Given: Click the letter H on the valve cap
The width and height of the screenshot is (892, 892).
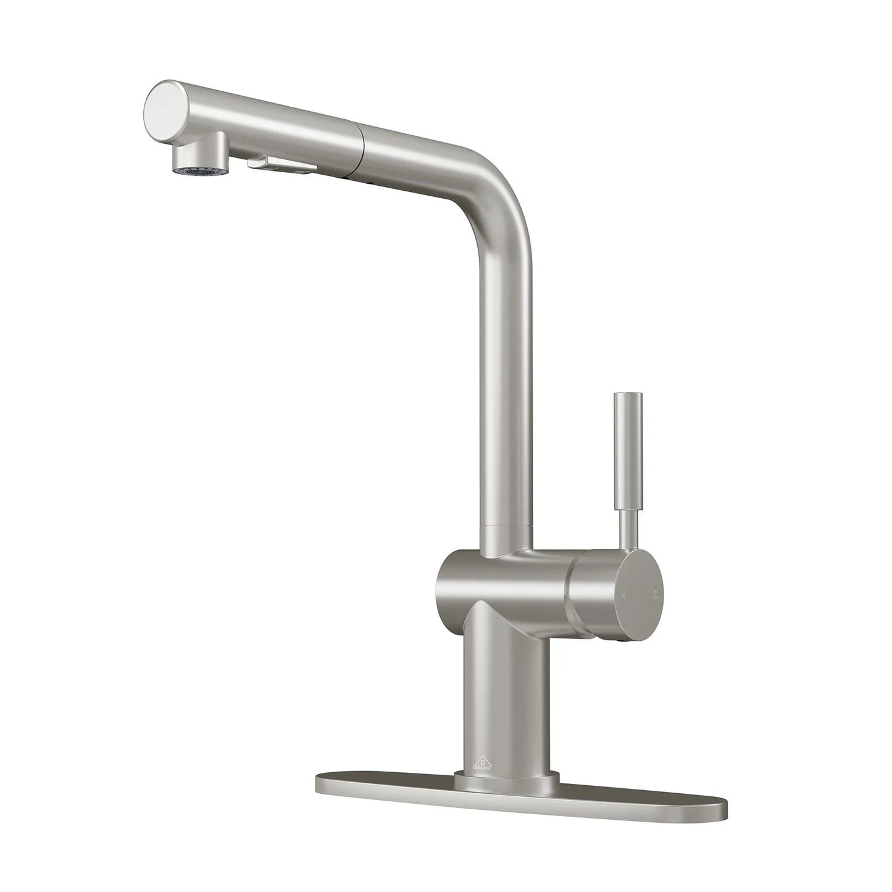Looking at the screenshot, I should coord(624,596).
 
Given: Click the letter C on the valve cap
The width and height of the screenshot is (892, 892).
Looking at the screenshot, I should coord(657,596).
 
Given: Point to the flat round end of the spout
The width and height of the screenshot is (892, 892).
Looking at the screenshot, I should coord(162,109).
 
